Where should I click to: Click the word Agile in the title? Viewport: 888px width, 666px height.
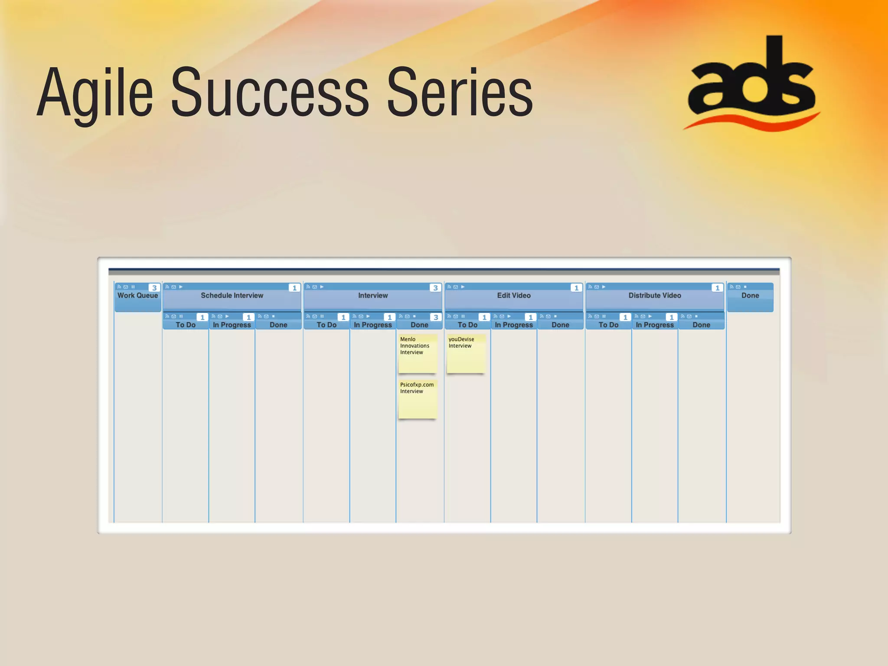tap(95, 93)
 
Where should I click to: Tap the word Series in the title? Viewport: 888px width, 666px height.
tap(460, 93)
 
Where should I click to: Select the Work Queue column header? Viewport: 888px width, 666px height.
tap(137, 296)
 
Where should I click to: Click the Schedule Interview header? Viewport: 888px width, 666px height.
tap(232, 296)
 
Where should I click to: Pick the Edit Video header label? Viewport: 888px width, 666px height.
tap(514, 296)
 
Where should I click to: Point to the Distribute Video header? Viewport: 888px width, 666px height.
tap(655, 296)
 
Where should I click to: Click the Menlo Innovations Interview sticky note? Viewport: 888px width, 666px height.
tap(417, 353)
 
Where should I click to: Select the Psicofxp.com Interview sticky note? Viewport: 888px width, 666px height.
tap(417, 399)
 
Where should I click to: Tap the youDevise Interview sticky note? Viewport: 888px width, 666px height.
tap(466, 353)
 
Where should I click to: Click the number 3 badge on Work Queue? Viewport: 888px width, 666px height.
tap(154, 288)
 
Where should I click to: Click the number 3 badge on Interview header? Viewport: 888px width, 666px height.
tap(435, 288)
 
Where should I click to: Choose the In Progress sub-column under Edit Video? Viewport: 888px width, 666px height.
tap(514, 325)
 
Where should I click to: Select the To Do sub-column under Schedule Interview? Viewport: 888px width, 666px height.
tap(186, 325)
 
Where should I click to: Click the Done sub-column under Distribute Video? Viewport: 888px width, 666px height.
tap(701, 325)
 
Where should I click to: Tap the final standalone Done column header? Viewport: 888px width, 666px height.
tap(750, 296)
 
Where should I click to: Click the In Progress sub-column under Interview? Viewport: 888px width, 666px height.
tap(373, 325)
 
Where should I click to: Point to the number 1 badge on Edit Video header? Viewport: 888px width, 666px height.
tap(576, 288)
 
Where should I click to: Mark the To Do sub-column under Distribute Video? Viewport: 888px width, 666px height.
tap(608, 325)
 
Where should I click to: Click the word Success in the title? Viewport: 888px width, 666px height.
tap(270, 93)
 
